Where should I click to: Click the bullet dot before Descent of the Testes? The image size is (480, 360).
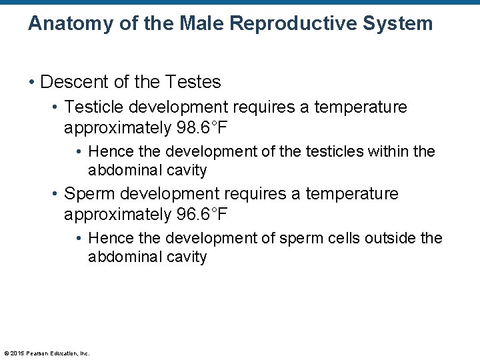click(x=31, y=83)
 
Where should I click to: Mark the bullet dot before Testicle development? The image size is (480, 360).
click(x=55, y=107)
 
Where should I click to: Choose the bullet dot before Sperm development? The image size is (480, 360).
click(x=55, y=194)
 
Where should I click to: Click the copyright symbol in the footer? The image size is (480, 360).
click(x=6, y=353)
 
